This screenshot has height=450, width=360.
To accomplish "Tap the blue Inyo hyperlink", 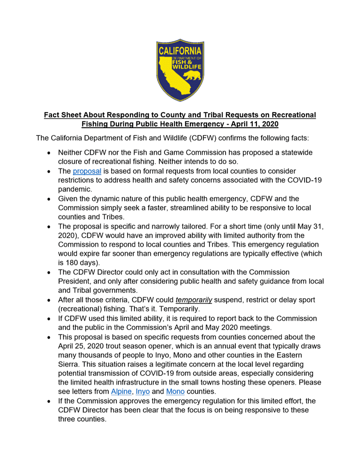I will point(142,391).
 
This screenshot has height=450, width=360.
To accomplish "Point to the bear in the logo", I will point(191,76).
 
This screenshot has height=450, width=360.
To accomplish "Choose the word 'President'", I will point(75,281).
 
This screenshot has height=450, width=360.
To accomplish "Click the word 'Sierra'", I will point(69,364).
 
